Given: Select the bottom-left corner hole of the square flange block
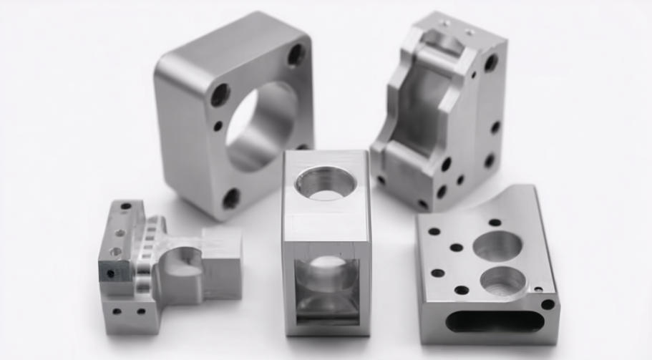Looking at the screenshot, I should (231, 198).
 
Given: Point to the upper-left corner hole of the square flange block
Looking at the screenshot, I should (220, 94).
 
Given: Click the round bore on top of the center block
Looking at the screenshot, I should (326, 183).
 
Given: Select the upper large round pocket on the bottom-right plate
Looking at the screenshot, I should (497, 246).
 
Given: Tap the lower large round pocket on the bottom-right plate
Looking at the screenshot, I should (503, 281).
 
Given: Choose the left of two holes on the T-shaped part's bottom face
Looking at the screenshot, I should (117, 311).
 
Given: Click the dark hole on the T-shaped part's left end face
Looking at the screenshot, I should (110, 273).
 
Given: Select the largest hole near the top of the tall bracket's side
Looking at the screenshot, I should (490, 63).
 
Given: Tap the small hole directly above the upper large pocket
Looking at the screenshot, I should (495, 222).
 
